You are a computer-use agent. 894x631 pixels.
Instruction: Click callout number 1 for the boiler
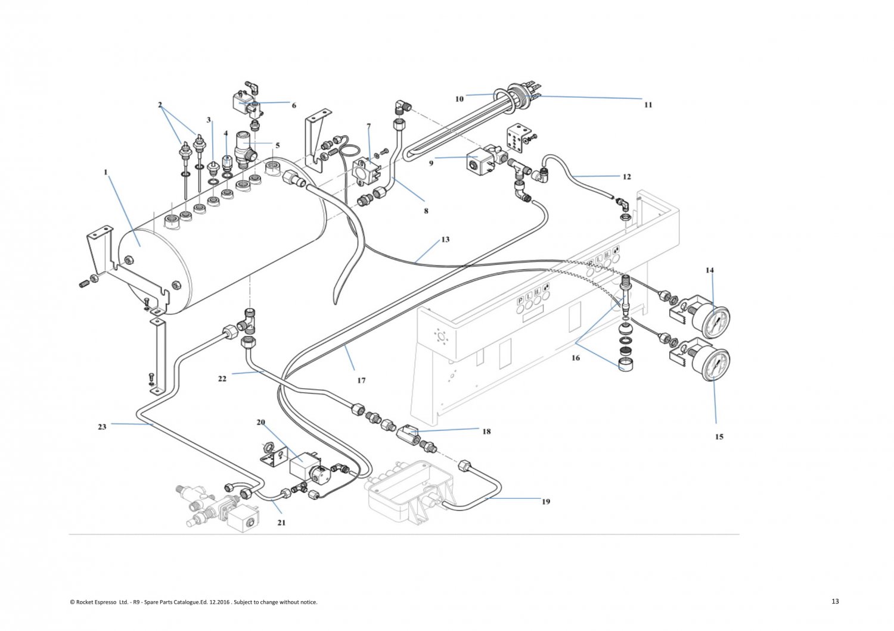click(105, 173)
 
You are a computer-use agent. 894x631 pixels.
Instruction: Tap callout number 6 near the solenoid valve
click(294, 105)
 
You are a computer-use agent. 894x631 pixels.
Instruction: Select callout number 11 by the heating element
click(648, 105)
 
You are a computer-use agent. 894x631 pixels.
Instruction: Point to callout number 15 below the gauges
click(719, 437)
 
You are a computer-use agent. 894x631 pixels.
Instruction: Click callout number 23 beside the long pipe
click(102, 427)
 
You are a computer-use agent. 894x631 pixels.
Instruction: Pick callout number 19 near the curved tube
click(546, 502)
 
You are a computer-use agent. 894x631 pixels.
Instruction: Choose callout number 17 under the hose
click(361, 380)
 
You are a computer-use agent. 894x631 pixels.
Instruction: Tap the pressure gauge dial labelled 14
click(714, 321)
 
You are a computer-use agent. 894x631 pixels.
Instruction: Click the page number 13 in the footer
click(835, 601)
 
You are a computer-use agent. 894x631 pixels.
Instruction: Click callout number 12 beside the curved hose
click(626, 177)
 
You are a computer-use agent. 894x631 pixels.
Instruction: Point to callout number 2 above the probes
click(160, 105)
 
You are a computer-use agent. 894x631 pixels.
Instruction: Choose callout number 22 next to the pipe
click(222, 379)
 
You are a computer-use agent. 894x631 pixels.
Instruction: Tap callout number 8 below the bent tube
click(426, 211)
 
